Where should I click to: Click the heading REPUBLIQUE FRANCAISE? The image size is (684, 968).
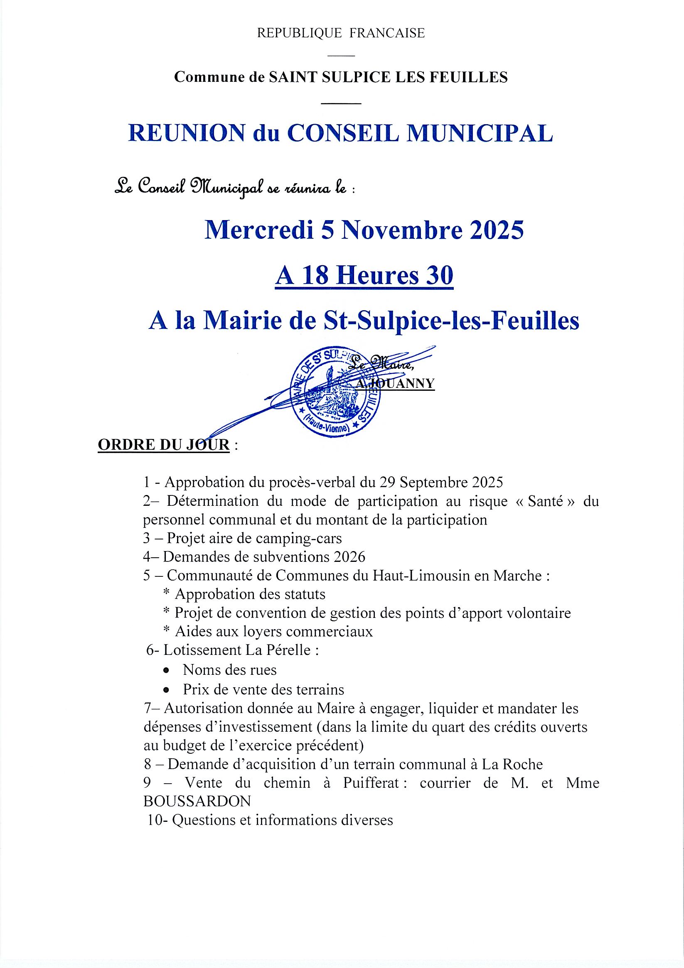pos(341,33)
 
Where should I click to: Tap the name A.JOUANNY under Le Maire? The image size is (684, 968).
pos(395,383)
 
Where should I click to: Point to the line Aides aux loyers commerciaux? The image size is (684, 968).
pos(273,632)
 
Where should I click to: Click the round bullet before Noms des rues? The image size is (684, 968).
pos(167,670)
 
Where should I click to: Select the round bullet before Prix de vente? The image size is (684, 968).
pos(167,690)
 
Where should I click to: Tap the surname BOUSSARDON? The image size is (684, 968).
pos(197,801)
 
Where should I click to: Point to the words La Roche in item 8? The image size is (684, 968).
pos(517,765)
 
